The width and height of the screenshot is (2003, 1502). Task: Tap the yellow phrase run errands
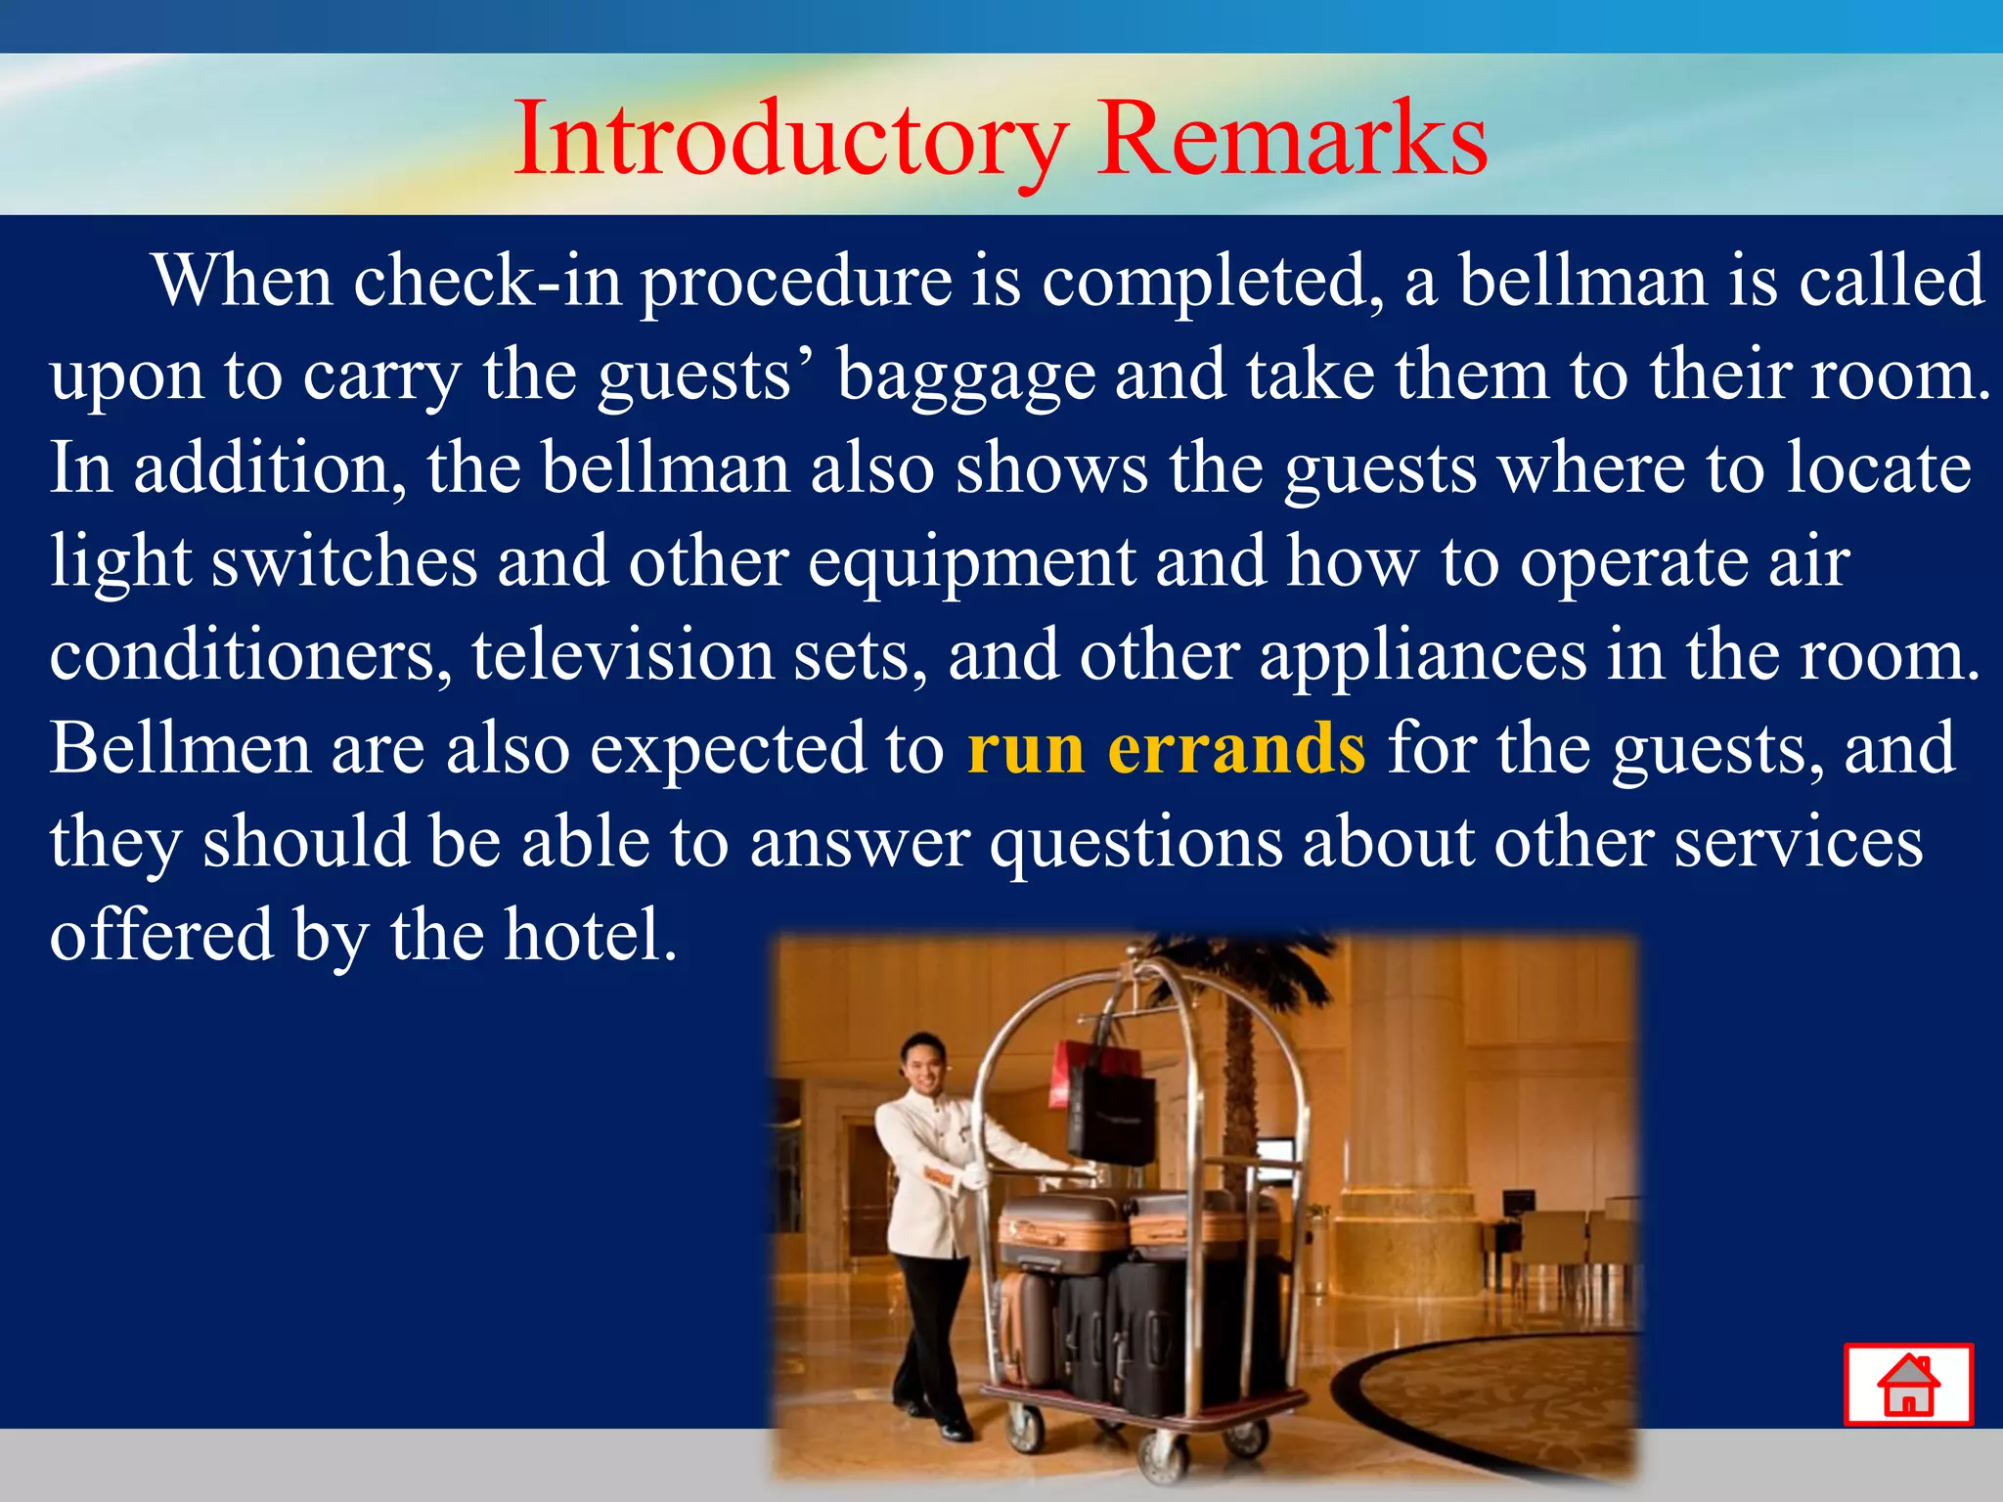pyautogui.click(x=1166, y=749)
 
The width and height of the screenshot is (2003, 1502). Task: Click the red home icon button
pyautogui.click(x=1908, y=1384)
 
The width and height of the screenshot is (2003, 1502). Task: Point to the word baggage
pyautogui.click(x=966, y=376)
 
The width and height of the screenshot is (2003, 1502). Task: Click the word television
pyautogui.click(x=623, y=655)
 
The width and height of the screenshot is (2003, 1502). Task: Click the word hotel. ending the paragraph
pyautogui.click(x=590, y=935)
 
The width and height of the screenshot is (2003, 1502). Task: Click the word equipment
pyautogui.click(x=972, y=563)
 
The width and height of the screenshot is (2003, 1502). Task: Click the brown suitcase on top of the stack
pyautogui.click(x=1061, y=1232)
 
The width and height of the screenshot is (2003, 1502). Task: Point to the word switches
pyautogui.click(x=344, y=563)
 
